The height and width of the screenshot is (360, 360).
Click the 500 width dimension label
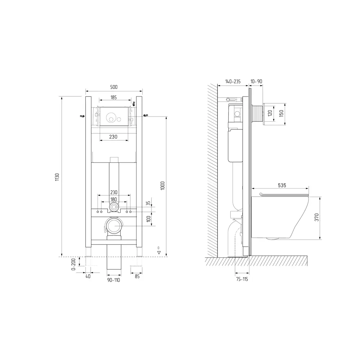(x=114, y=87)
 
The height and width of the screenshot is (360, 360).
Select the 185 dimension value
(x=114, y=97)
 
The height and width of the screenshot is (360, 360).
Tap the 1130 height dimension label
(x=57, y=177)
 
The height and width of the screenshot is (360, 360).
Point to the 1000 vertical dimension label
(x=163, y=185)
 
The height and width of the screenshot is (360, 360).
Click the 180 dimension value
(x=114, y=199)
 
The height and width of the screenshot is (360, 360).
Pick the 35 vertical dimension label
(x=148, y=203)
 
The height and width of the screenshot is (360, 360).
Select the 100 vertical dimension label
(x=149, y=219)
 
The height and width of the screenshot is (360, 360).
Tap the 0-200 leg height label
(x=73, y=264)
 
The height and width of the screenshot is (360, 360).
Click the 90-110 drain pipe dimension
(x=114, y=280)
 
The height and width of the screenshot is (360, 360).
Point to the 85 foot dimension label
(x=137, y=276)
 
